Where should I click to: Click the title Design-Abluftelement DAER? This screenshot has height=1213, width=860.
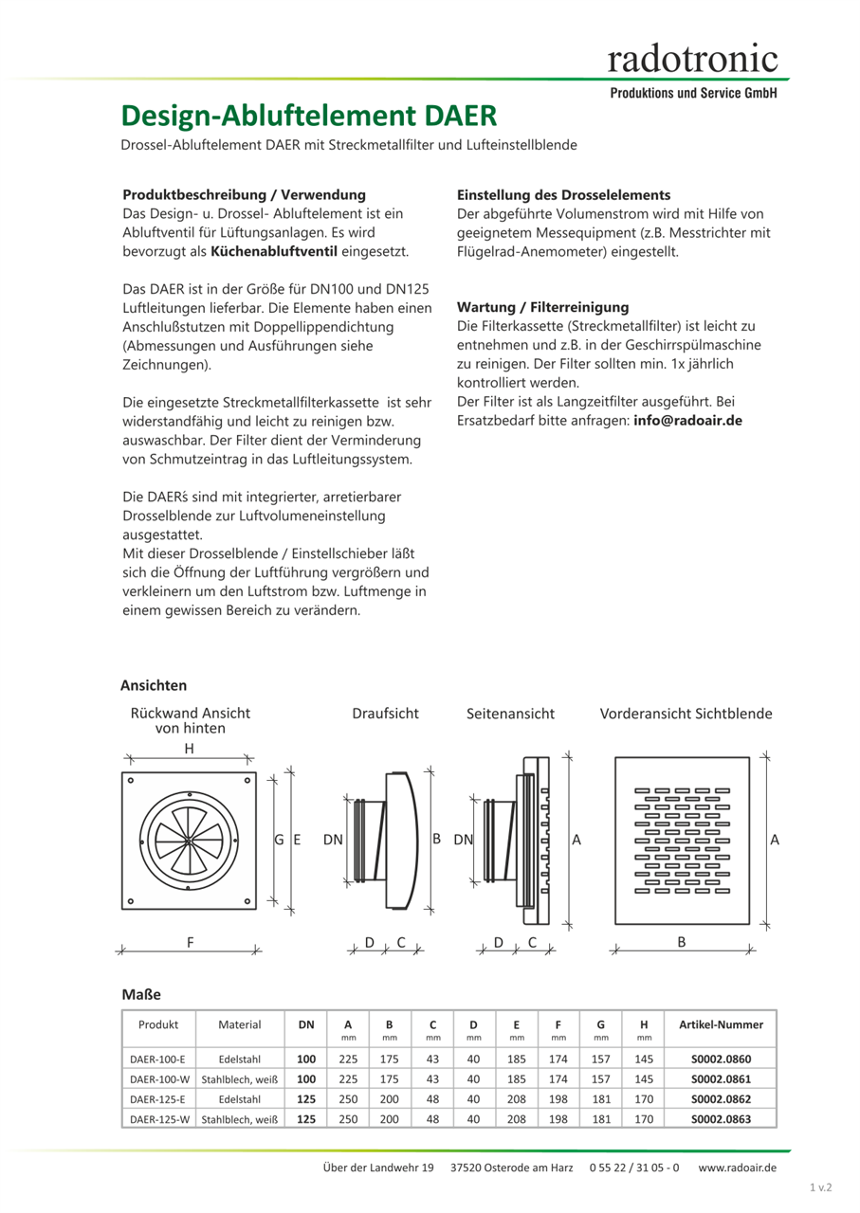click(308, 116)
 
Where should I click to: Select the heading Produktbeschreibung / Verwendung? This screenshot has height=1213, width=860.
click(244, 194)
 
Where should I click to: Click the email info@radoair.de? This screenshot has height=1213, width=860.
click(687, 420)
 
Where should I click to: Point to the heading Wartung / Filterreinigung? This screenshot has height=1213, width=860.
click(542, 307)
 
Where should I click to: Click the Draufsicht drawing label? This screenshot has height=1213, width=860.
click(385, 714)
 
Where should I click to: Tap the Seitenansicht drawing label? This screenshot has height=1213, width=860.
click(510, 714)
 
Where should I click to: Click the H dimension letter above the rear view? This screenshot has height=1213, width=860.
click(190, 749)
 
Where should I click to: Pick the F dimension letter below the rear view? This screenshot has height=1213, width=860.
click(190, 943)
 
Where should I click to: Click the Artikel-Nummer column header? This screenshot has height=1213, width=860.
click(721, 1024)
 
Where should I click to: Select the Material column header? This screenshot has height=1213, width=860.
click(239, 1024)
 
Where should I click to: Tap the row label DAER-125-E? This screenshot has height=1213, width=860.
click(157, 1099)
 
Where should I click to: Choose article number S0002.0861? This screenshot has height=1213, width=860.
click(721, 1078)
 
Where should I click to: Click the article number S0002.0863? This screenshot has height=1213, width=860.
click(721, 1119)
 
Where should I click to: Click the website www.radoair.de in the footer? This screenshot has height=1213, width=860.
click(737, 1168)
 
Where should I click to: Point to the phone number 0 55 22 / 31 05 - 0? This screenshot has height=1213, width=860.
click(633, 1168)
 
